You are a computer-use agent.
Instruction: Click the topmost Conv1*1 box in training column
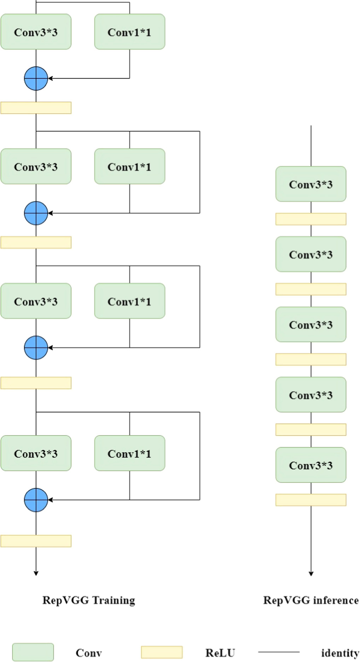129,32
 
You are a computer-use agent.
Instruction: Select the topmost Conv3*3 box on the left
36,32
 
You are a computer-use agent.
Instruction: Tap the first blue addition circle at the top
36,78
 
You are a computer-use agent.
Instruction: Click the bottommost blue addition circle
36,500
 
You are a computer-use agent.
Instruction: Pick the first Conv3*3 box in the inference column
310,184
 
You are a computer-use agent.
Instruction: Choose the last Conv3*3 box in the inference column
310,465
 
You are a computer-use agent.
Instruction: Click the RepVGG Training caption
89,600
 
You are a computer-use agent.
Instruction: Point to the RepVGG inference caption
310,600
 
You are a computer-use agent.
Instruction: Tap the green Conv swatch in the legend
33,652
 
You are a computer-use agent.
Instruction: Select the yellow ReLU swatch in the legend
162,652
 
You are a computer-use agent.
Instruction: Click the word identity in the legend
339,653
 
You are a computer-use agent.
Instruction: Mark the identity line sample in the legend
279,652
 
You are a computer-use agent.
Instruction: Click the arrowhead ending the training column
36,573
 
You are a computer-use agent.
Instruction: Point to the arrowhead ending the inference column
311,573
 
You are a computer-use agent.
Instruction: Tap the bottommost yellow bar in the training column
36,541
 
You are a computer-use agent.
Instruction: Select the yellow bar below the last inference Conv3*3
310,500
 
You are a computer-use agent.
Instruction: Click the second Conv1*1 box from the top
129,166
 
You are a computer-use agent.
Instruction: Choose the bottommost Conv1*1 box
129,453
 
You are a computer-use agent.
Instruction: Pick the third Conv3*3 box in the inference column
310,324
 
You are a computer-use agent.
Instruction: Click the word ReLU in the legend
220,653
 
